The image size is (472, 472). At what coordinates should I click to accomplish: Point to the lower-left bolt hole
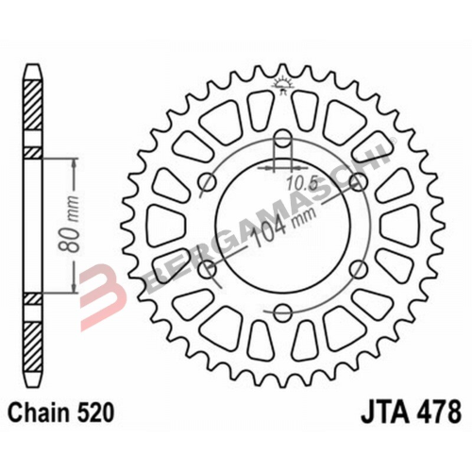pos(209,270)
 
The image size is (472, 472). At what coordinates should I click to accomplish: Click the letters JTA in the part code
pos(386,413)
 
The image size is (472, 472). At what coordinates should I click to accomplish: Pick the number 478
pos(438,413)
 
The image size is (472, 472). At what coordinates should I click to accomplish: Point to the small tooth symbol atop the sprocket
pos(281,87)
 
